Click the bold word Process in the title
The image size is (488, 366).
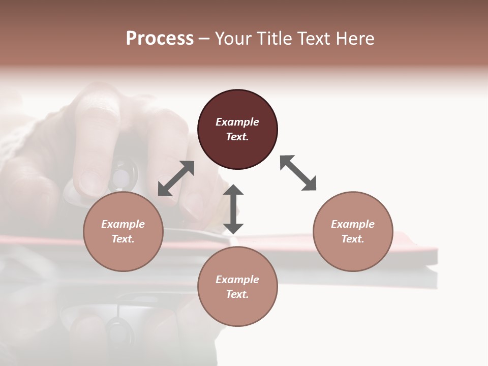160,39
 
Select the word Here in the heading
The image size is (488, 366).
354,39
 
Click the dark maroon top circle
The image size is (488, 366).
237,129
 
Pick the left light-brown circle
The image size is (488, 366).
123,231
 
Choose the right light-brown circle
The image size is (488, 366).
353,231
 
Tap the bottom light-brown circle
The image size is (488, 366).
237,287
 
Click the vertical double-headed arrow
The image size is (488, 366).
233,209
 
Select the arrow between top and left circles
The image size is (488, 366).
176,178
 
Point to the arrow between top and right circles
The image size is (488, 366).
298,173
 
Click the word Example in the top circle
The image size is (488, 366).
237,122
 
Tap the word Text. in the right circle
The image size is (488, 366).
353,239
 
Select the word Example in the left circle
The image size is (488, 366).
123,224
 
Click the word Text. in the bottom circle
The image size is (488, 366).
237,294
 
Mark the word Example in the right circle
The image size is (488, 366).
353,224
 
